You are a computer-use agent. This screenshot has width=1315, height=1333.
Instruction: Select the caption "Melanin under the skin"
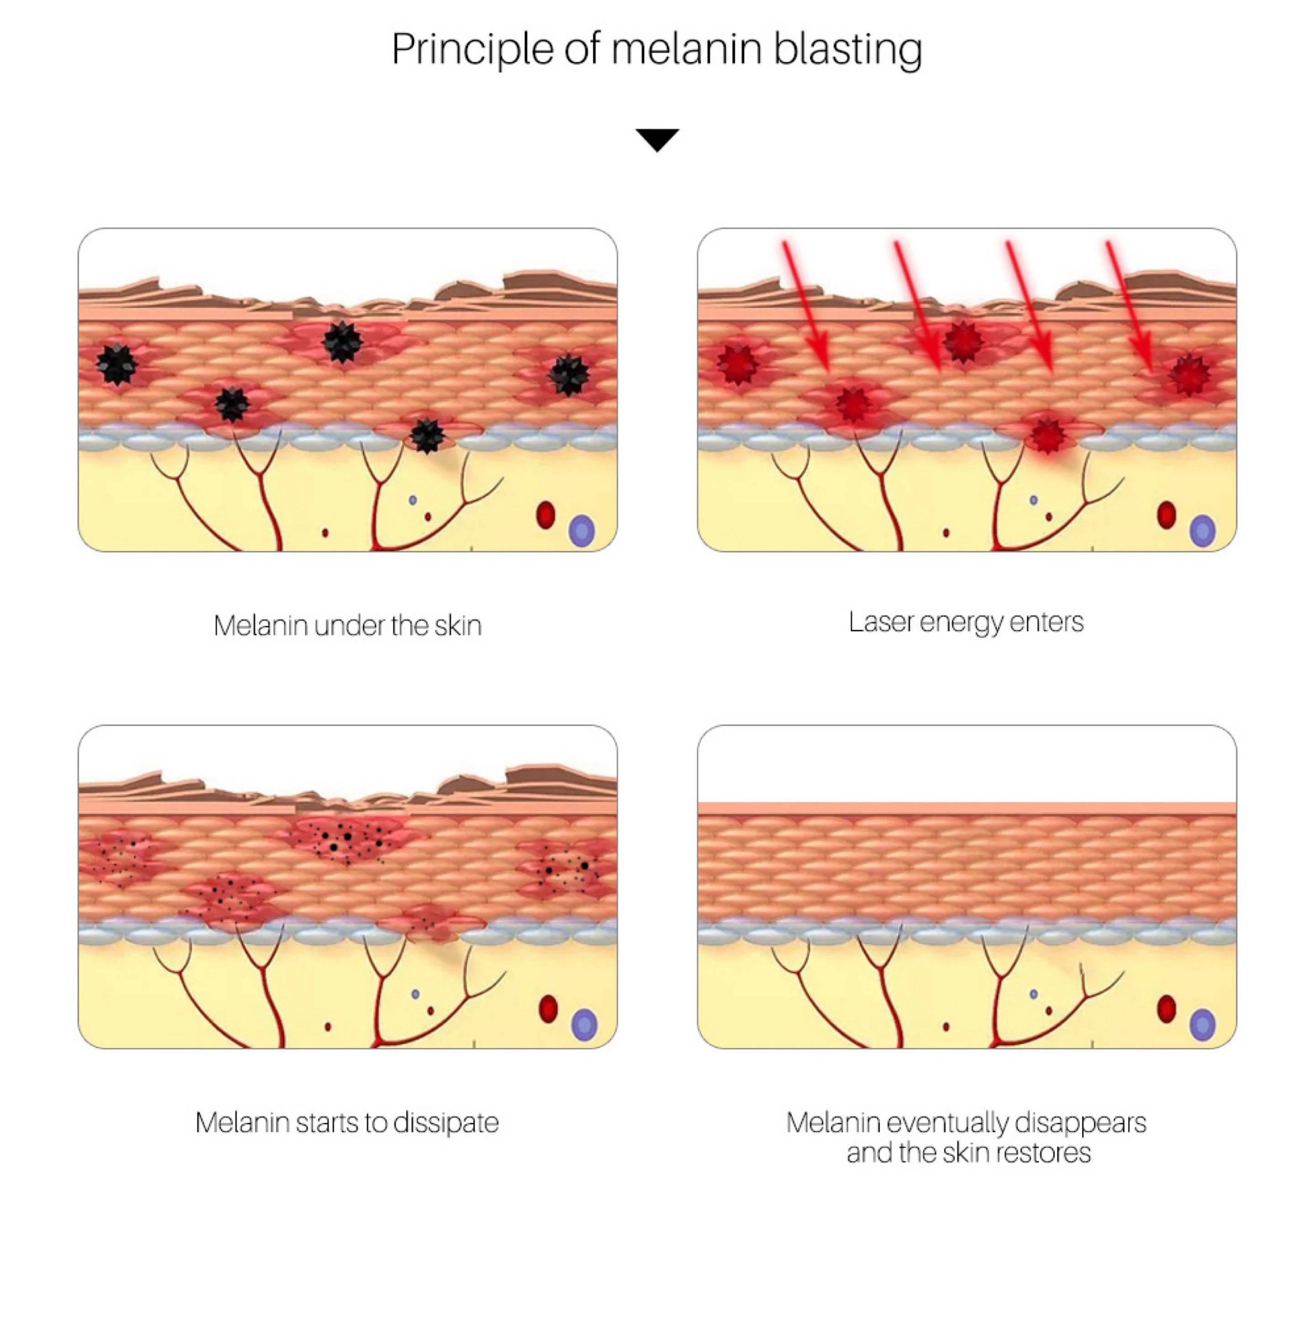pyautogui.click(x=347, y=626)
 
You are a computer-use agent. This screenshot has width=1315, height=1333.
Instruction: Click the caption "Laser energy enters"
pyautogui.click(x=965, y=622)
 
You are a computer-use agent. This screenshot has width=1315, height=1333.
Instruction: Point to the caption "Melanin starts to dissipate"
pyautogui.click(x=347, y=1123)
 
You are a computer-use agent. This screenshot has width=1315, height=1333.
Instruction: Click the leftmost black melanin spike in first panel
pyautogui.click(x=116, y=364)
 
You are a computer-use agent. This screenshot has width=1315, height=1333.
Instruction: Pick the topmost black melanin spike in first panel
pyautogui.click(x=342, y=341)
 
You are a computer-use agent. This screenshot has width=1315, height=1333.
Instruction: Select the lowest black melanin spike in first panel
pyautogui.click(x=426, y=435)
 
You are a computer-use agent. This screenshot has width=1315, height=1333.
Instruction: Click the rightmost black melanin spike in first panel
pyautogui.click(x=568, y=375)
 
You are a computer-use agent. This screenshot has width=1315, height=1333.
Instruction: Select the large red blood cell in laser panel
pyautogui.click(x=1166, y=514)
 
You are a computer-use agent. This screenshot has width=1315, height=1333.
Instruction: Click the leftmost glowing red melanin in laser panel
pyautogui.click(x=737, y=364)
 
